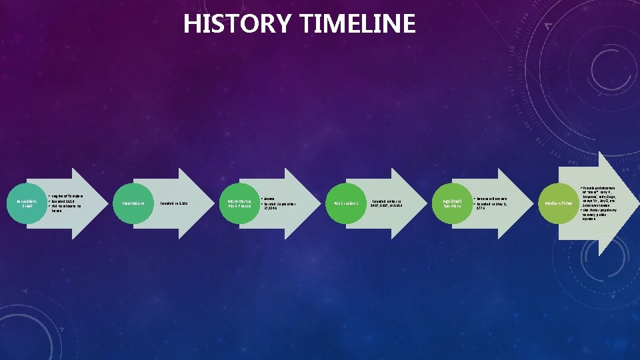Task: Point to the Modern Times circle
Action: point(558,203)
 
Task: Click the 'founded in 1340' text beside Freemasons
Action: point(173,203)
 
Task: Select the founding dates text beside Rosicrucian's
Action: point(387,203)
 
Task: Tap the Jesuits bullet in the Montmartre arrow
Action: point(270,198)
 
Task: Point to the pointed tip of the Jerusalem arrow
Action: point(107,203)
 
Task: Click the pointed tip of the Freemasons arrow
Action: point(214,203)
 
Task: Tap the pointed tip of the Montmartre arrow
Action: point(321,203)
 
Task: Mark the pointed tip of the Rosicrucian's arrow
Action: point(428,203)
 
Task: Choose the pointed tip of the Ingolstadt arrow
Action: point(534,203)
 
